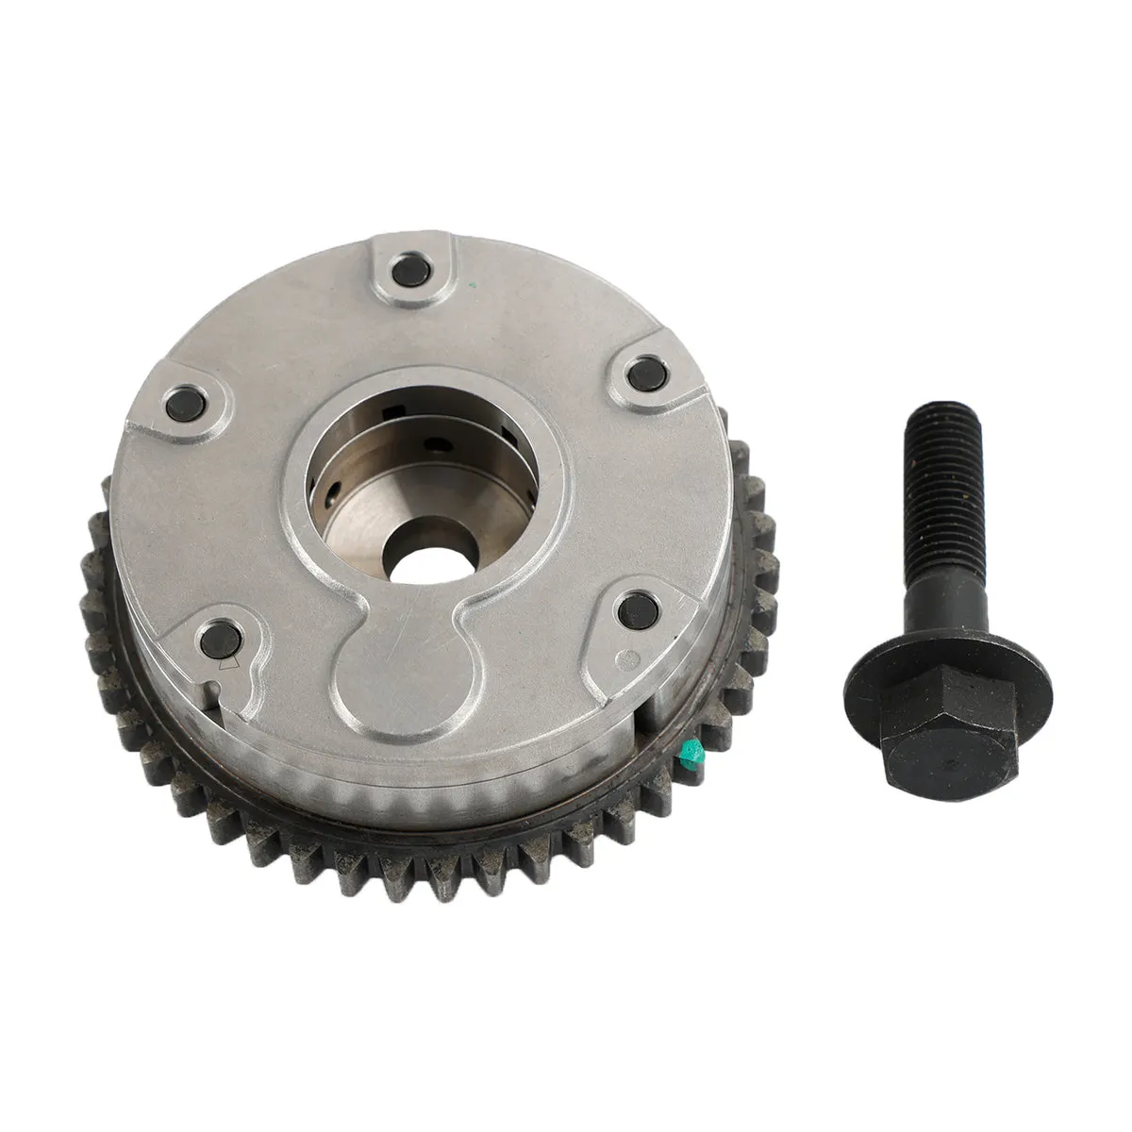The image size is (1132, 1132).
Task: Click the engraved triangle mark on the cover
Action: pos(226,664)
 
